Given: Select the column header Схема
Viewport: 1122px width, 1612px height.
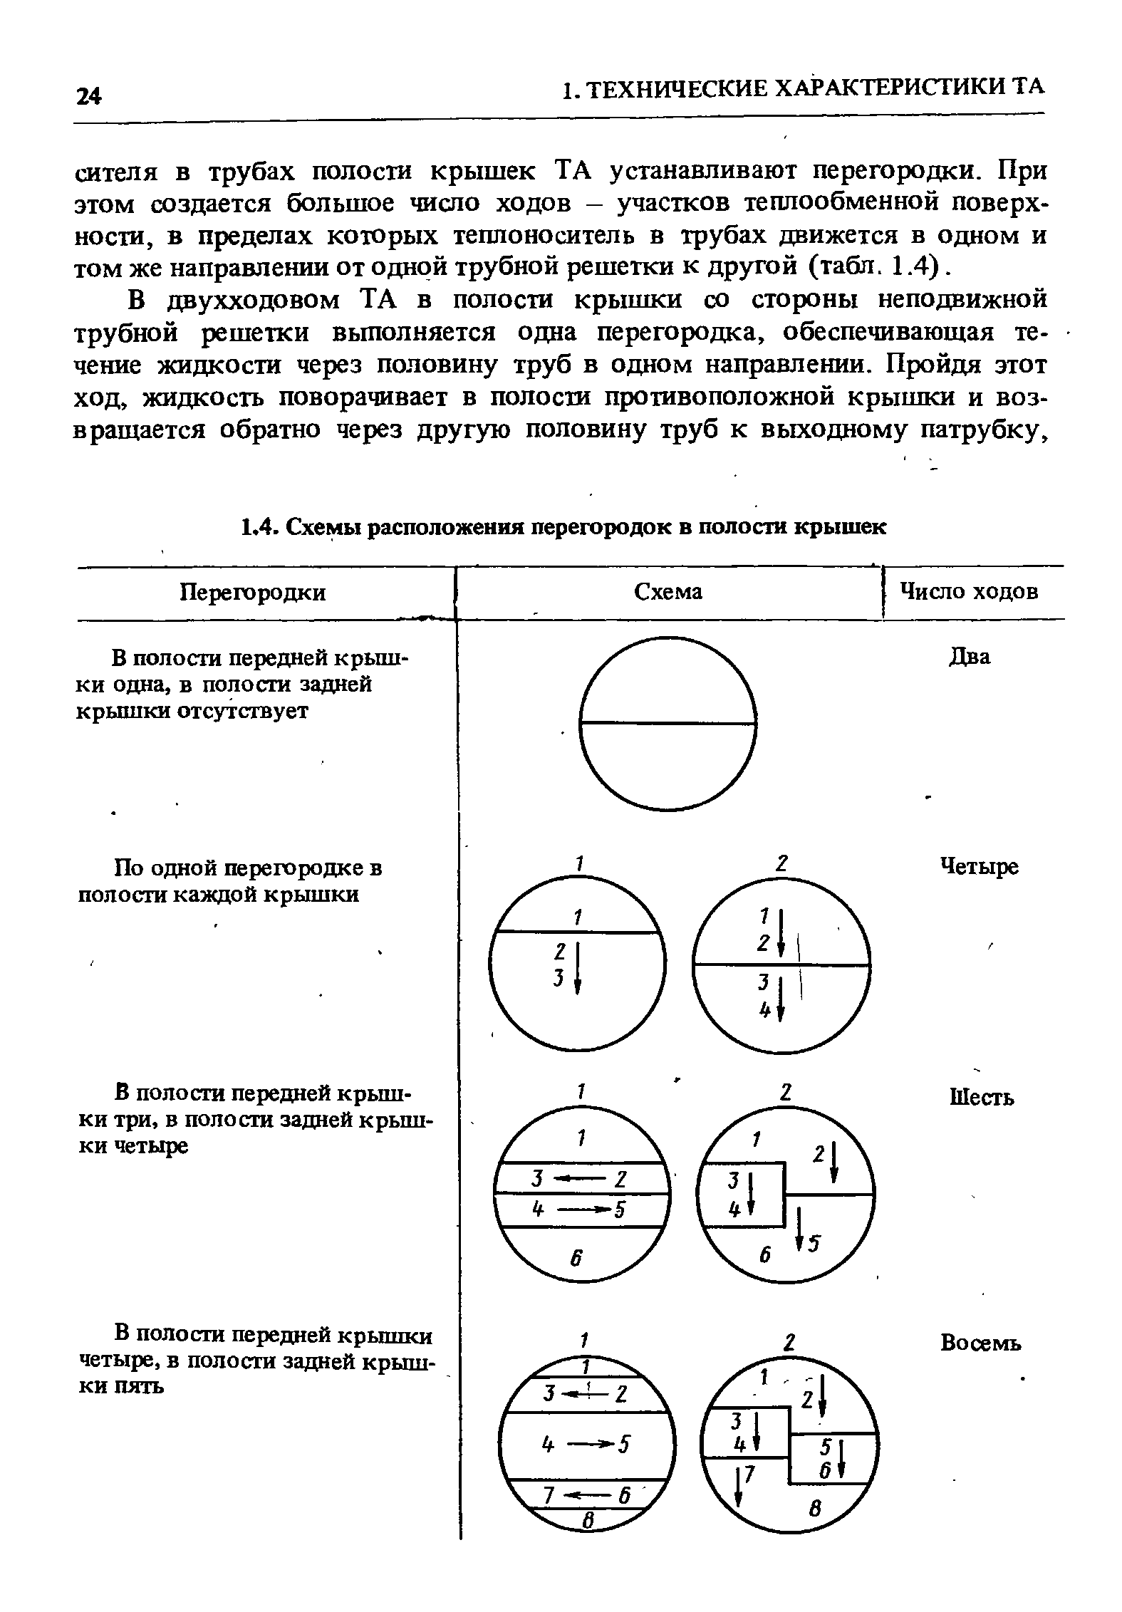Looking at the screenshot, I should tap(668, 591).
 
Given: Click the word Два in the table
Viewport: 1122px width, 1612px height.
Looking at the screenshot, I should tap(970, 656).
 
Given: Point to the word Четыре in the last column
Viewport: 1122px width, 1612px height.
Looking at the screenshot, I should tap(980, 867).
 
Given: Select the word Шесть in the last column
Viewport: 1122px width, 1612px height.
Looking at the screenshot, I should tap(982, 1098).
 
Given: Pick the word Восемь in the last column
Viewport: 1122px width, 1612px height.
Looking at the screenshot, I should tap(981, 1343).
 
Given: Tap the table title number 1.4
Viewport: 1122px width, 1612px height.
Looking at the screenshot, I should tap(257, 527).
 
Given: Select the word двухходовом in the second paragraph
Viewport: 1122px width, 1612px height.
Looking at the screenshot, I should tap(250, 300).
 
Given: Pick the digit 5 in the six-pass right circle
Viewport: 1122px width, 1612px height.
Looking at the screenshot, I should tap(815, 1242).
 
